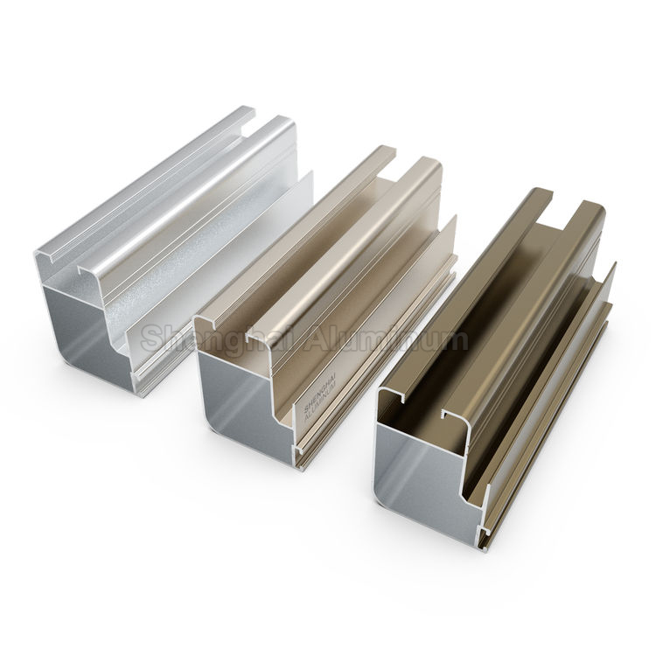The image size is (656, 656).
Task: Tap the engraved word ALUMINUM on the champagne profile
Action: (x=316, y=405)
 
